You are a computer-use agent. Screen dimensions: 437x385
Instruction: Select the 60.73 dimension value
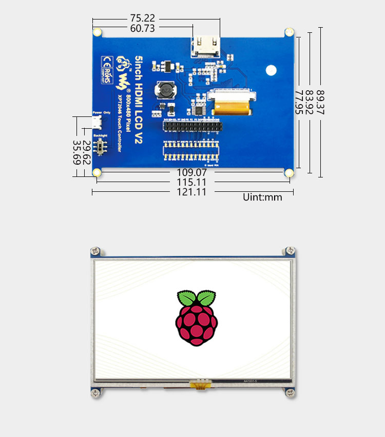click(143, 29)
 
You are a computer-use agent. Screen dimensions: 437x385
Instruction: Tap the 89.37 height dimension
click(320, 103)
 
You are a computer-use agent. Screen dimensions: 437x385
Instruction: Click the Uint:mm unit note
click(262, 197)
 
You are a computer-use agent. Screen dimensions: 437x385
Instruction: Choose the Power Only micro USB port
click(96, 122)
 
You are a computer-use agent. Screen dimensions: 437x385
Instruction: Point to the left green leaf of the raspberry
click(186, 298)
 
